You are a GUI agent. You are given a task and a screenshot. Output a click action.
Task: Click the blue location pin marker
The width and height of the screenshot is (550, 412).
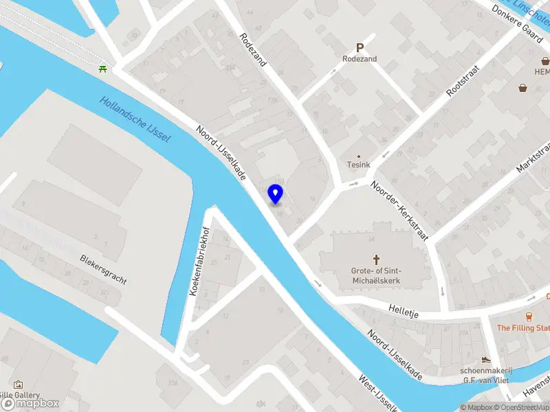(276, 194)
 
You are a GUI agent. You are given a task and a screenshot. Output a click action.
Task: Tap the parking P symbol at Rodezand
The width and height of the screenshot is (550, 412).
(359, 48)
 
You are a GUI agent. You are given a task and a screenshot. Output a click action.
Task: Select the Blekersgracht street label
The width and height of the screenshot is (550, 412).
(104, 271)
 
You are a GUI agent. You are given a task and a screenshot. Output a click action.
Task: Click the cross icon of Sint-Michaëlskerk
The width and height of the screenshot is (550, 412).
(376, 259)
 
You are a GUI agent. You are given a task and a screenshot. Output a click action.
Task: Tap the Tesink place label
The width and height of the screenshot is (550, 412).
(358, 165)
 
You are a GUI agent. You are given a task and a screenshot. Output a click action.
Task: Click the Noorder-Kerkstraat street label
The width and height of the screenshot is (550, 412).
(399, 211)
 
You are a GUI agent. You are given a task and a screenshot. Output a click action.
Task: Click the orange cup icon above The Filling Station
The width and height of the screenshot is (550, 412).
(529, 317)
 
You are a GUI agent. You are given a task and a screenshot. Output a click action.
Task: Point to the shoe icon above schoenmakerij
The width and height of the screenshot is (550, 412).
(486, 359)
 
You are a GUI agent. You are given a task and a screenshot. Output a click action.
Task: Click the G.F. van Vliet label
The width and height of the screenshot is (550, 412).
(487, 380)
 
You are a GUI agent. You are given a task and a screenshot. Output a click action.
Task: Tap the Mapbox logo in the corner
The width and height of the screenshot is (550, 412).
(30, 404)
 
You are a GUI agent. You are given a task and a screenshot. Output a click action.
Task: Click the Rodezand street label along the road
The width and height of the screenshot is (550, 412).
(254, 50)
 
